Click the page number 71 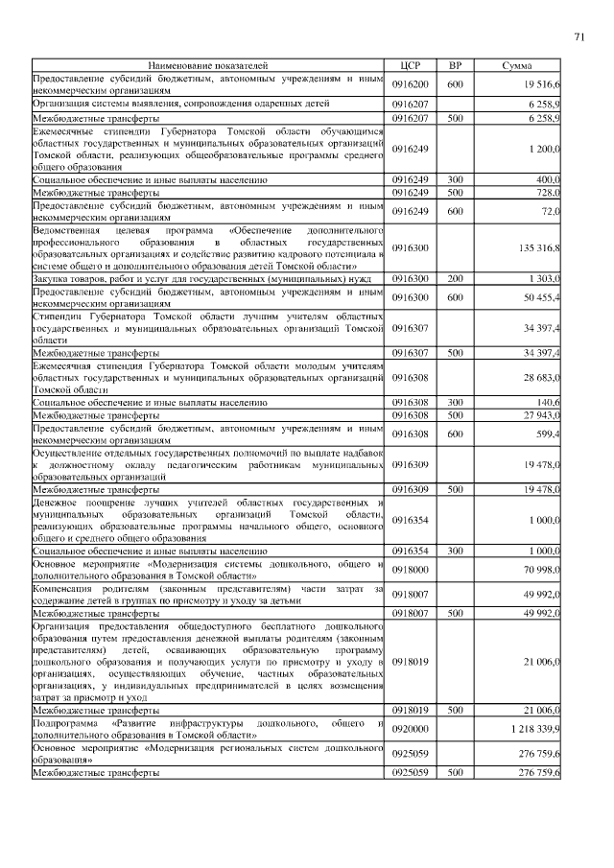(579, 37)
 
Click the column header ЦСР (410, 66)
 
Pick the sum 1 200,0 (544, 150)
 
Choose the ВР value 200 (456, 278)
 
